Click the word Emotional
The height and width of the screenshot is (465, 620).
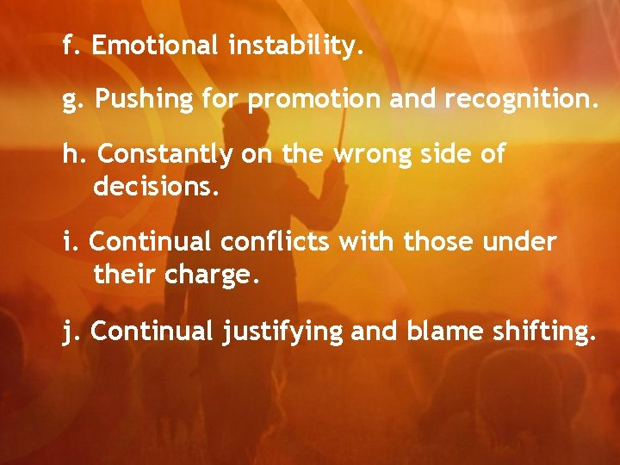point(155,45)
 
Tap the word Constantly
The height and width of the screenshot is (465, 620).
point(165,156)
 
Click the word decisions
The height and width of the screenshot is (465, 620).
point(157,185)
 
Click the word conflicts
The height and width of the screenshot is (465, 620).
point(276,243)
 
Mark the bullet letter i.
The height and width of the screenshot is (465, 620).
point(67,243)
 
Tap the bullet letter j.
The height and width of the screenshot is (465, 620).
point(68,332)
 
